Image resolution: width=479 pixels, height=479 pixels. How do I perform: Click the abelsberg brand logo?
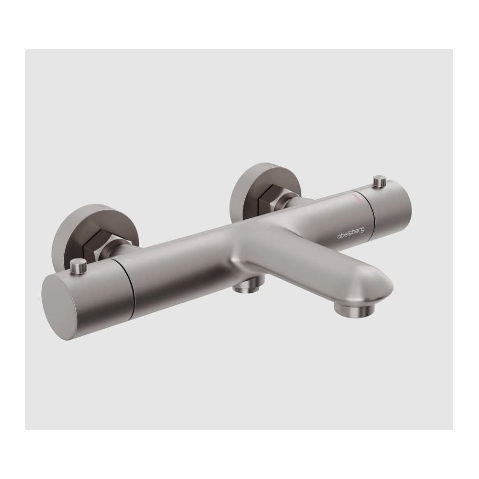pyautogui.click(x=351, y=232)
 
